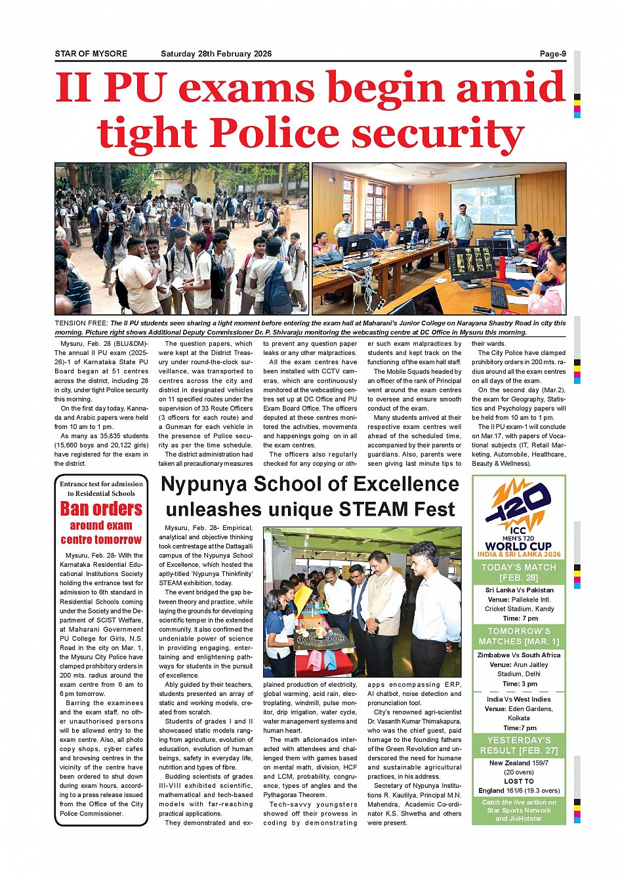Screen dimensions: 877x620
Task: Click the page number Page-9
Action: (x=552, y=54)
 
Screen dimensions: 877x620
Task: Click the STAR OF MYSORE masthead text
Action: (x=91, y=54)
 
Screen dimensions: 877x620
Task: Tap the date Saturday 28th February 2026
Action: (x=216, y=54)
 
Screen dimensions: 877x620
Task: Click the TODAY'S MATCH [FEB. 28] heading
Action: (x=518, y=573)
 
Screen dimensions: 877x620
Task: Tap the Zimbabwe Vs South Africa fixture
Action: (x=518, y=655)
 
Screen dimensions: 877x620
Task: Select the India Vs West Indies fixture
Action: (x=518, y=699)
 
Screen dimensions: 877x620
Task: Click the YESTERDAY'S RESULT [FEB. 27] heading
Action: (x=518, y=745)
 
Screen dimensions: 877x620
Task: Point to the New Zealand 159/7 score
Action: (x=518, y=763)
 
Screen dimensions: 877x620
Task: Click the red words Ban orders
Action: (x=101, y=509)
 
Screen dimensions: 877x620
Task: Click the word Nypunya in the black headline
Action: (x=208, y=484)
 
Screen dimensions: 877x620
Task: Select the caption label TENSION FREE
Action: (x=81, y=323)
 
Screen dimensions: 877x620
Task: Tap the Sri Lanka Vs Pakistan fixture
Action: (x=518, y=590)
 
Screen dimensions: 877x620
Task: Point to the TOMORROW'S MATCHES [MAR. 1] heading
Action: (x=518, y=636)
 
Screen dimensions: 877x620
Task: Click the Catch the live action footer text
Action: (x=518, y=810)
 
